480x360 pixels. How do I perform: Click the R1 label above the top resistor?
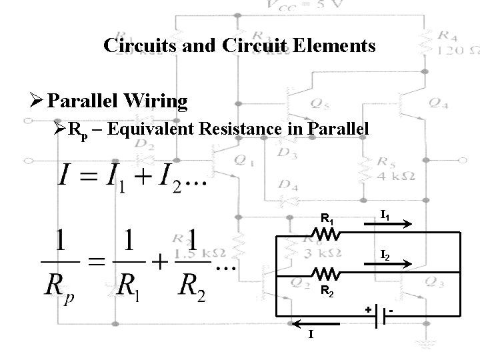(x=327, y=217)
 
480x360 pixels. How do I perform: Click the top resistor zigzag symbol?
(x=327, y=233)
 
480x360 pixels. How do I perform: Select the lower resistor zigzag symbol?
(x=327, y=273)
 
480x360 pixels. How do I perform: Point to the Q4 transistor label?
(x=438, y=102)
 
